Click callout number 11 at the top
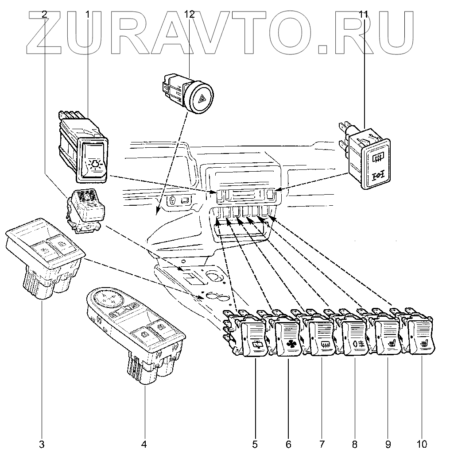pos(363,15)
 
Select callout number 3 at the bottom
pos(43,443)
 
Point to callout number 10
pos(422,443)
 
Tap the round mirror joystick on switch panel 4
pos(107,298)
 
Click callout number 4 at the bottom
pos(144,443)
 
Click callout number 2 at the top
pos(44,15)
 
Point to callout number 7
pos(322,443)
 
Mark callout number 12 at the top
pos(189,15)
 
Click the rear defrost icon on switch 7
pos(323,344)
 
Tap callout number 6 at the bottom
pos(288,443)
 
